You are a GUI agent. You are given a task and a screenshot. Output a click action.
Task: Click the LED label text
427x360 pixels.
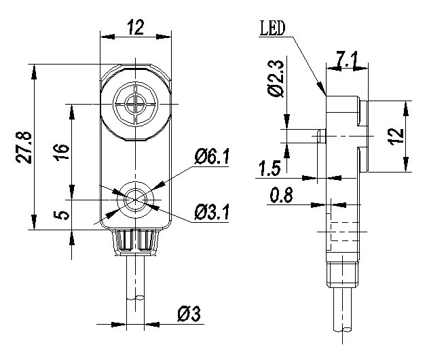272,29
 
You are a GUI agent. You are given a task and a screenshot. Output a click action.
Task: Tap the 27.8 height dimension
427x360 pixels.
24,147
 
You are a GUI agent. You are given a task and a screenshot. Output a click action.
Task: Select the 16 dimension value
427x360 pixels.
63,151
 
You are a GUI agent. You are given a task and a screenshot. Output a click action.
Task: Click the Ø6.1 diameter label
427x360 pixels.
212,157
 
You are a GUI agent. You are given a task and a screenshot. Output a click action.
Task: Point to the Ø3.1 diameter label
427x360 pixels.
212,213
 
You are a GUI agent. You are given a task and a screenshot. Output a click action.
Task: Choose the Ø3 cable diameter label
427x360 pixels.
189,314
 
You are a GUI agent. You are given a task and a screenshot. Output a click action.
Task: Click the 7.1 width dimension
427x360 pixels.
347,59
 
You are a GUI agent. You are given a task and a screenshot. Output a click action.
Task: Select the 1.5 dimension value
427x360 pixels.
270,168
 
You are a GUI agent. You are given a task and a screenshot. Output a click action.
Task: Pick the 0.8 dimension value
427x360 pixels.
281,195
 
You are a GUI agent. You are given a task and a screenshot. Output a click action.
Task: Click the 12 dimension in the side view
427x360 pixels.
396,137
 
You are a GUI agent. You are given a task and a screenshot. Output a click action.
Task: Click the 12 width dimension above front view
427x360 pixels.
135,27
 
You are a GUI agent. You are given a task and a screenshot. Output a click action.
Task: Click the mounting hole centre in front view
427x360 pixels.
135,200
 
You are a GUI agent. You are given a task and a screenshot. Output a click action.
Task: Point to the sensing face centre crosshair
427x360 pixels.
135,104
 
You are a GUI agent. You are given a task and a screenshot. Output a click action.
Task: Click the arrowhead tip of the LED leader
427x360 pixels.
325,94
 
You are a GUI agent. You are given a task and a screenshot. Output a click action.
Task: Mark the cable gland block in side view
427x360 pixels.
343,274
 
